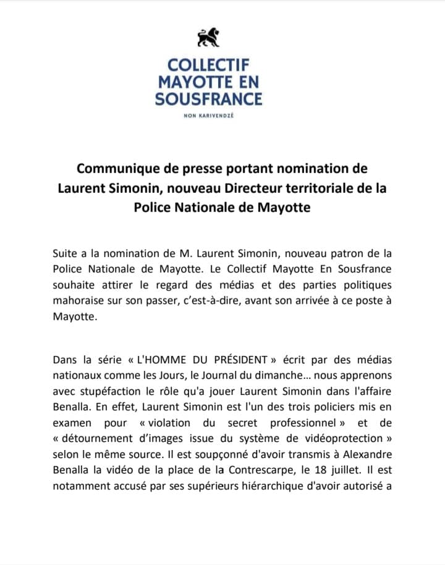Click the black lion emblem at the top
[208, 38]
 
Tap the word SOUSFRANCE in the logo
[209, 98]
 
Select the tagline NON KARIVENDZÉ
[208, 116]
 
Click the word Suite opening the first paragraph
[66, 253]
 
